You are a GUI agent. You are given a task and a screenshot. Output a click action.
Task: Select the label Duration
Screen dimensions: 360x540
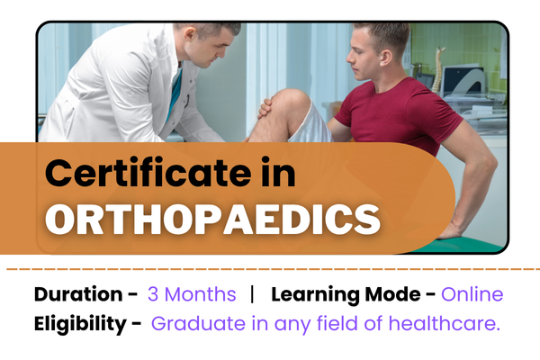click(77, 294)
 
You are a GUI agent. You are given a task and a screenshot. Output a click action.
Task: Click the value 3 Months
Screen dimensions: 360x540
click(192, 294)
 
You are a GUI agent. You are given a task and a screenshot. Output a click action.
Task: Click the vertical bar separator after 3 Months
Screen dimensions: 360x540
click(253, 294)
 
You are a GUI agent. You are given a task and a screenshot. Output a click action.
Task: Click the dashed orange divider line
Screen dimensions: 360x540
click(270, 268)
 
